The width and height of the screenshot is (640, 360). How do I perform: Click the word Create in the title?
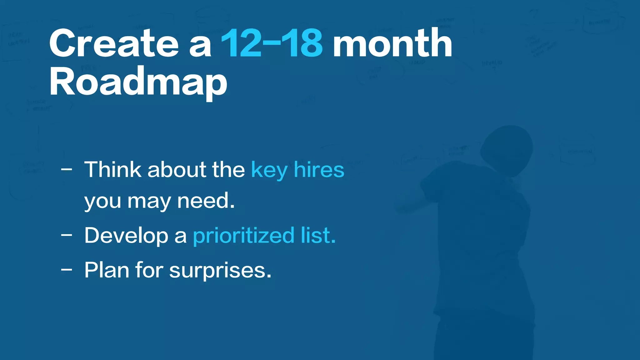(114, 44)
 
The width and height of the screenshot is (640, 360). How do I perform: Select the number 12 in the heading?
(241, 44)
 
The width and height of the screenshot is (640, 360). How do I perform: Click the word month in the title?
(392, 44)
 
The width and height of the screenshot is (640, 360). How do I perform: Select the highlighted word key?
(269, 171)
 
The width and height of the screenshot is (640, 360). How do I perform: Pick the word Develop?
(126, 236)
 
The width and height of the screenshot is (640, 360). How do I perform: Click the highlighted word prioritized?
(244, 236)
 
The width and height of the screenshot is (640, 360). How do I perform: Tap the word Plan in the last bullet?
(107, 270)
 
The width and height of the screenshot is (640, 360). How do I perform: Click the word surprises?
(220, 271)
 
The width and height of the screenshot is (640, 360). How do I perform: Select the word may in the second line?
(149, 202)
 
